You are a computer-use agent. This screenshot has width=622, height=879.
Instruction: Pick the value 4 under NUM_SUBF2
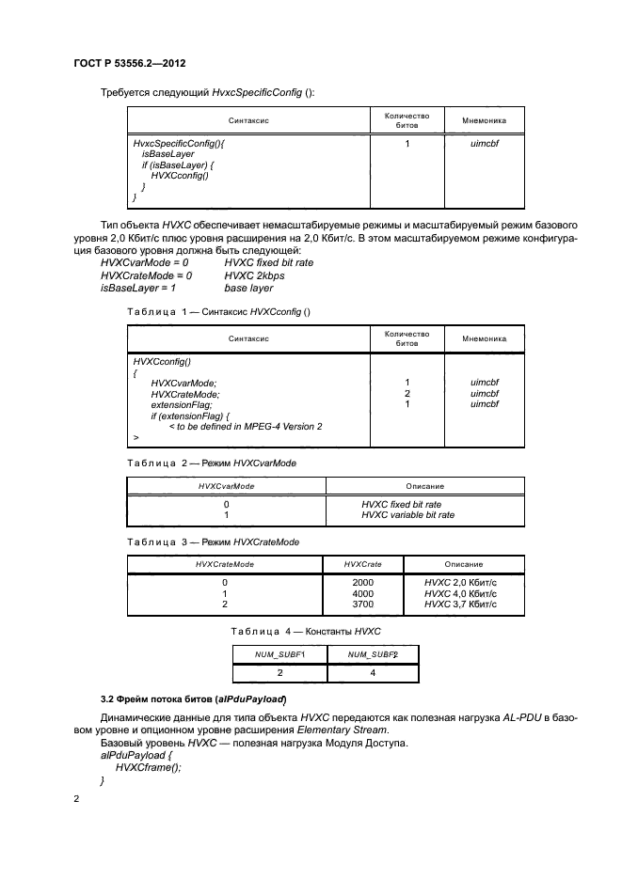tap(372, 674)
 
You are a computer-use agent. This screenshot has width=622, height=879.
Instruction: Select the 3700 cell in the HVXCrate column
tap(362, 605)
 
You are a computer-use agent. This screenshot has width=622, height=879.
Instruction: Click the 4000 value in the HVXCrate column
tap(362, 594)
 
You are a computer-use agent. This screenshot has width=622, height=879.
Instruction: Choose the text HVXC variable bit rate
tap(407, 515)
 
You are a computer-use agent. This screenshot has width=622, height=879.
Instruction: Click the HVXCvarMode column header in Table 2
tap(225, 486)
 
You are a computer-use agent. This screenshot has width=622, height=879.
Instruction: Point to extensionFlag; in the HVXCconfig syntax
tap(182, 404)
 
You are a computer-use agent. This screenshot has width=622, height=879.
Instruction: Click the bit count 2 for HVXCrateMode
tap(407, 393)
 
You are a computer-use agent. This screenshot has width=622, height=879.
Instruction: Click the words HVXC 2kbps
tap(254, 276)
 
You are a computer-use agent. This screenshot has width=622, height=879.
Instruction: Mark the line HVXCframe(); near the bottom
tap(148, 767)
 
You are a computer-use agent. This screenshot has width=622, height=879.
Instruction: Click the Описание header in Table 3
tap(459, 564)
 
